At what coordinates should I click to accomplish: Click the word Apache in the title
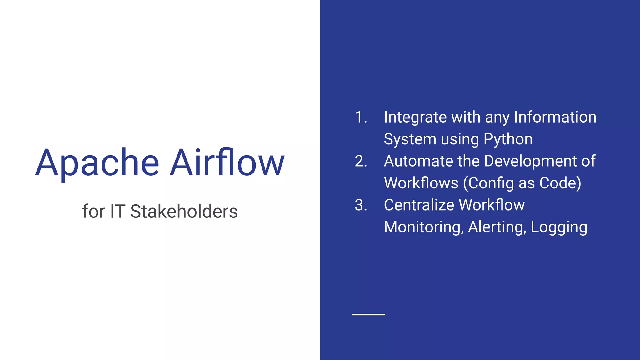tap(97, 163)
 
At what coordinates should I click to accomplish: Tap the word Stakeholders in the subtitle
tap(184, 211)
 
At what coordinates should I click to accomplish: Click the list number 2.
tap(361, 161)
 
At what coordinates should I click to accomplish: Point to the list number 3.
tap(361, 205)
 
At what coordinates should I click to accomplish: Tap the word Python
tap(508, 139)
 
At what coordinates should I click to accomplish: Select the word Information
tap(555, 117)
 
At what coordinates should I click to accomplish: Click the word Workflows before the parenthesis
tap(421, 183)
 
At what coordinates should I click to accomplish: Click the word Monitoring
tap(423, 227)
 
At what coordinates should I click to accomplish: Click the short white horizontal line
tap(368, 314)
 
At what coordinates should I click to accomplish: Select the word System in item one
tap(409, 139)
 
